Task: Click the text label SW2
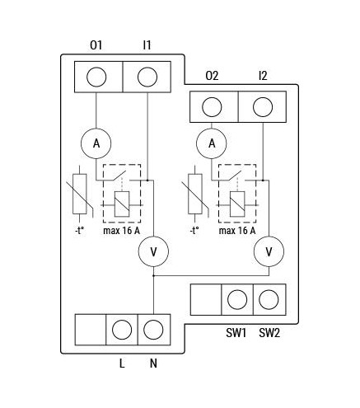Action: (269, 333)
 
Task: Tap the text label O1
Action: (96, 45)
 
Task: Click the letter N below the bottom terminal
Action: (153, 363)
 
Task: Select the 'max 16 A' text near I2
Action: (237, 231)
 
